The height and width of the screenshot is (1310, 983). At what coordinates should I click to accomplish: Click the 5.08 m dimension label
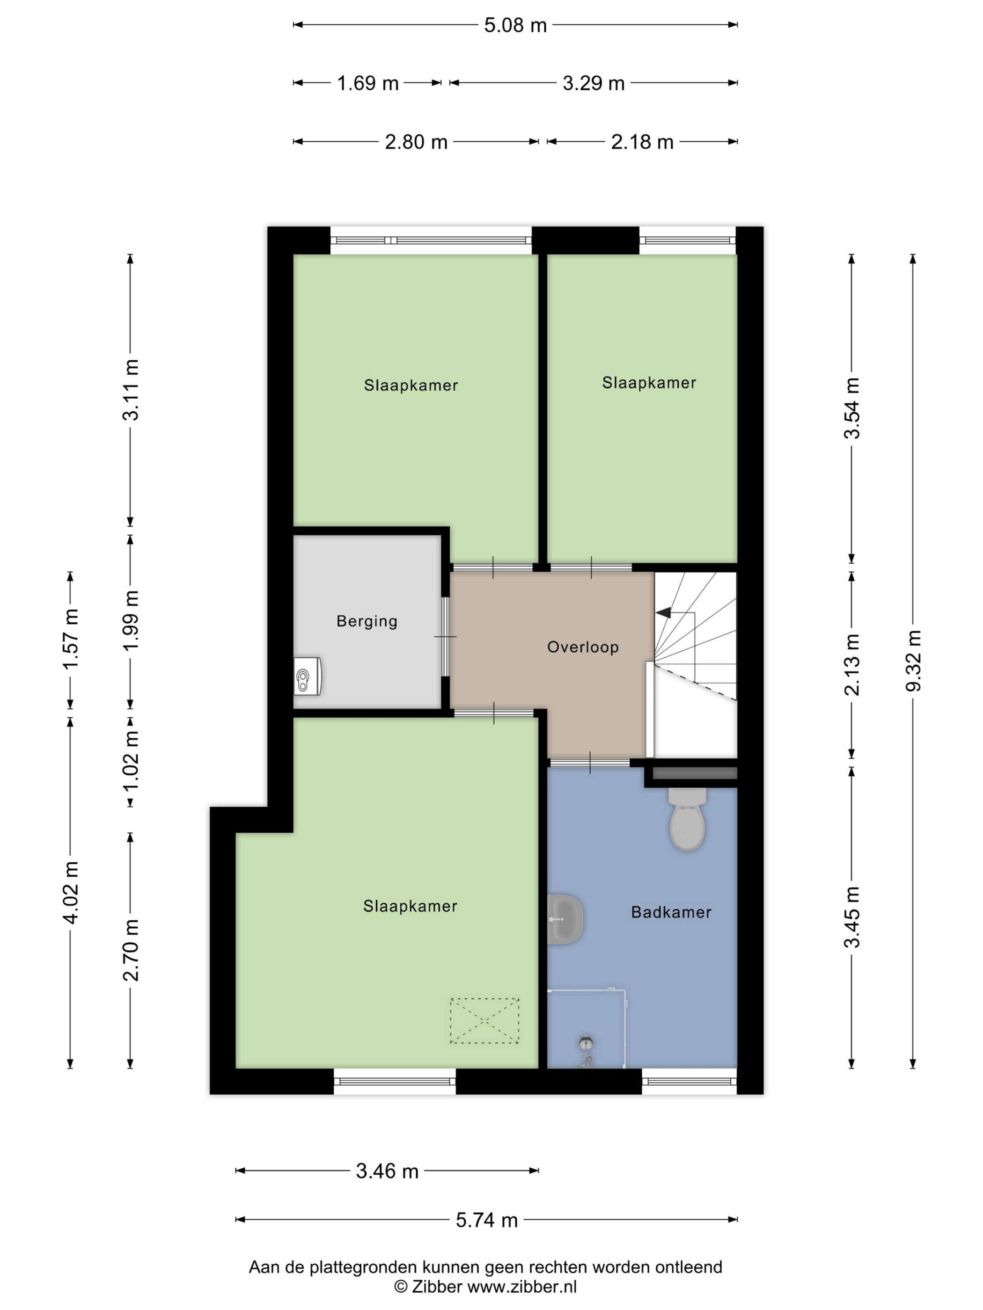pyautogui.click(x=515, y=25)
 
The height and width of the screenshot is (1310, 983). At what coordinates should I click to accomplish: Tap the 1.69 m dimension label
pyautogui.click(x=367, y=83)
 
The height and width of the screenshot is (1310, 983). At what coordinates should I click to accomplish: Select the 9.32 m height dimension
pyautogui.click(x=912, y=661)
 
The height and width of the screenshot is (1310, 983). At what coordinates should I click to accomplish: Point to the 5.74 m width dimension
pyautogui.click(x=486, y=1220)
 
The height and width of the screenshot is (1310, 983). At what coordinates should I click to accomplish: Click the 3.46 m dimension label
pyautogui.click(x=387, y=1171)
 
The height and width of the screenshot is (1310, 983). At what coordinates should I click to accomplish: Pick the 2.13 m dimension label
pyautogui.click(x=851, y=664)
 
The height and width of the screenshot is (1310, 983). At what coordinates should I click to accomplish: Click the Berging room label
pyautogui.click(x=367, y=621)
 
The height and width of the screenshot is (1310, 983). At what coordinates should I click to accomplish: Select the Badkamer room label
pyautogui.click(x=671, y=912)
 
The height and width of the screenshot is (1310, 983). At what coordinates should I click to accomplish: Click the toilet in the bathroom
pyautogui.click(x=687, y=819)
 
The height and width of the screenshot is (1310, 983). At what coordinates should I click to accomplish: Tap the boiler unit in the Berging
pyautogui.click(x=308, y=676)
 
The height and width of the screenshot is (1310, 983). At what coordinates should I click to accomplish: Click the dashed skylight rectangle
pyautogui.click(x=484, y=1020)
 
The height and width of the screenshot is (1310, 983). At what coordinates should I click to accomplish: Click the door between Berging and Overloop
pyautogui.click(x=446, y=637)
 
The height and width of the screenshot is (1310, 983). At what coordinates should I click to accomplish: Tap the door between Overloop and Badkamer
pyautogui.click(x=589, y=762)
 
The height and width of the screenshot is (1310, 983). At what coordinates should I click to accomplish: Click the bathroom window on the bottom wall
pyautogui.click(x=689, y=1081)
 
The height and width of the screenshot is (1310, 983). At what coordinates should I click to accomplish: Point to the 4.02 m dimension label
pyautogui.click(x=71, y=893)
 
